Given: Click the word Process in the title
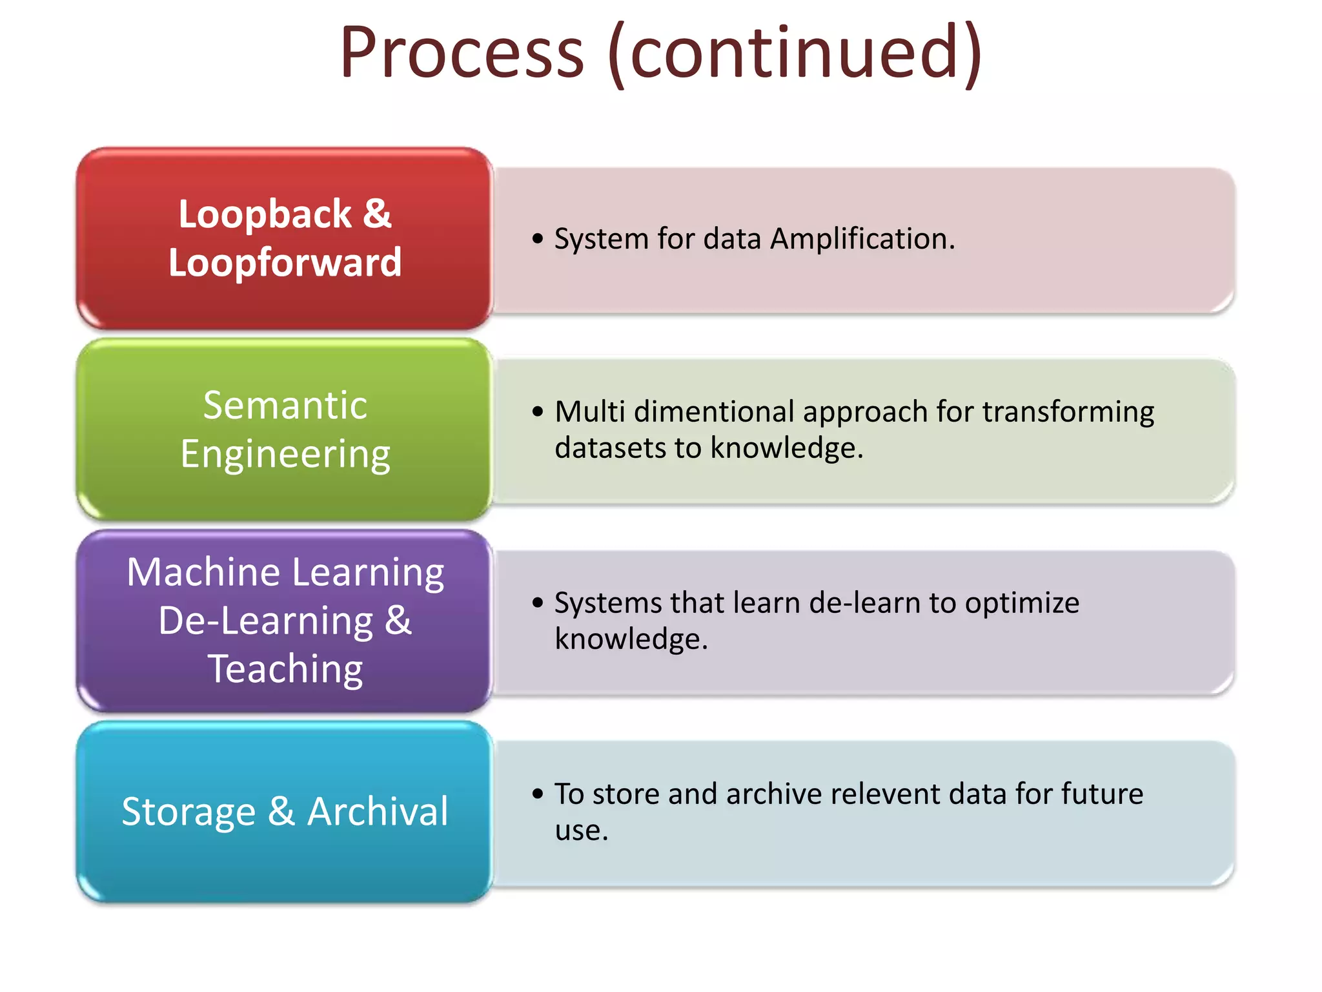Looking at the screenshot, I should pyautogui.click(x=462, y=53).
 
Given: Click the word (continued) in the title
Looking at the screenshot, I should pyautogui.click(x=795, y=53).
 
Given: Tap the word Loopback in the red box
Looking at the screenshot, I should pyautogui.click(x=265, y=214).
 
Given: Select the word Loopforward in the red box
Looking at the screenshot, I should pyautogui.click(x=285, y=263).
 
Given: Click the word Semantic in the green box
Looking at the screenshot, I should pyautogui.click(x=285, y=406).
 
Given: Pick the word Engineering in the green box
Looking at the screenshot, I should pyautogui.click(x=285, y=454).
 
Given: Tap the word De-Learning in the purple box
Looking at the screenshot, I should pyautogui.click(x=265, y=621).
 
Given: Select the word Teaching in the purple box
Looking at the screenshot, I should pyautogui.click(x=285, y=669).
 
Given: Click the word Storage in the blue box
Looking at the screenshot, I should pyautogui.click(x=188, y=812).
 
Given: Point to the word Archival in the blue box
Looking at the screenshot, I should pyautogui.click(x=378, y=812).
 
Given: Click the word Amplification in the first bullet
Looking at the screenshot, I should pyautogui.click(x=862, y=239).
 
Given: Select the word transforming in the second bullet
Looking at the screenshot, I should pyautogui.click(x=1068, y=412).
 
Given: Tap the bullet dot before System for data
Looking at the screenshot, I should pyautogui.click(x=538, y=240).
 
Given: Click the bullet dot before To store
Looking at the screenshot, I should pyautogui.click(x=538, y=794).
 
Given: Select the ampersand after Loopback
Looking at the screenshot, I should pyautogui.click(x=377, y=214).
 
